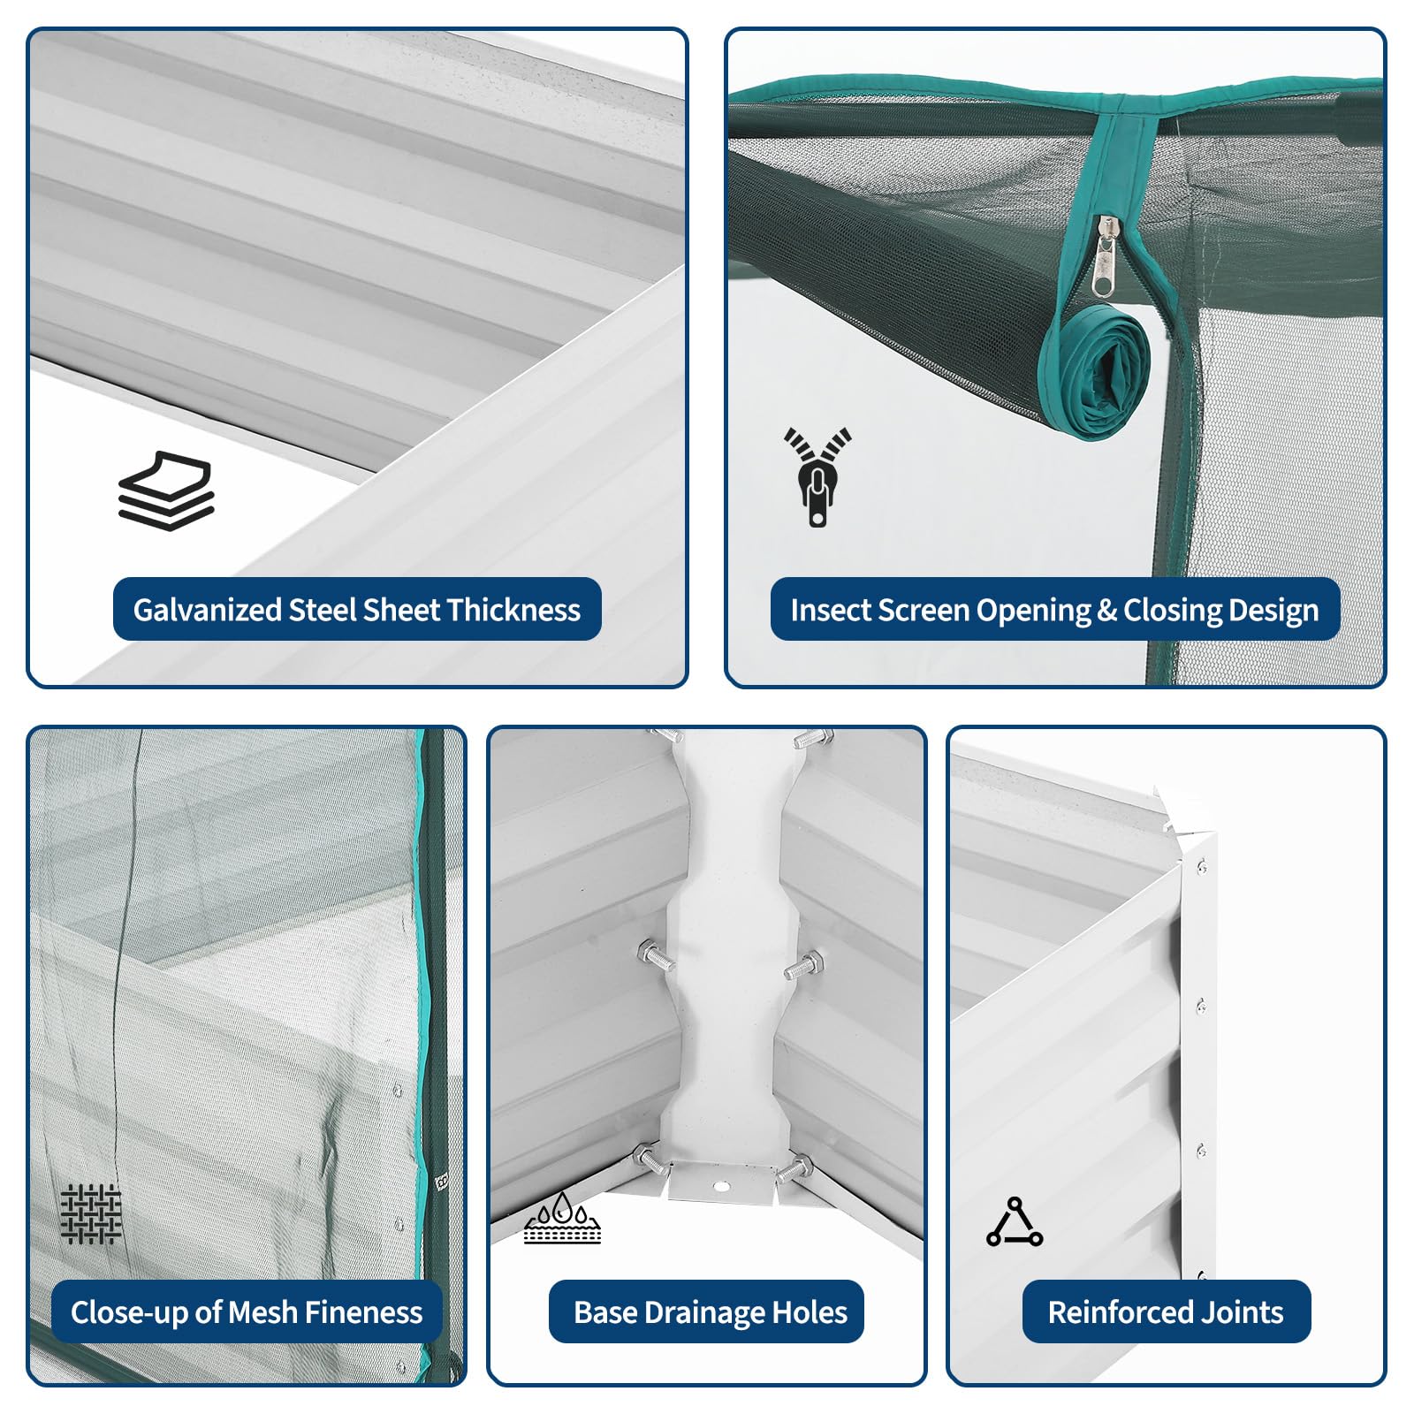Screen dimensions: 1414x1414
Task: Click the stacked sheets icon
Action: tap(166, 491)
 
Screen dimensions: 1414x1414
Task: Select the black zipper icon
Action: tap(818, 477)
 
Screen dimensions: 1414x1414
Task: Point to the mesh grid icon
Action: tap(91, 1214)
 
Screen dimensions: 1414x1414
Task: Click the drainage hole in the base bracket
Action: tap(722, 1186)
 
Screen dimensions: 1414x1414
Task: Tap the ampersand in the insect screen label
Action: tap(1107, 611)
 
